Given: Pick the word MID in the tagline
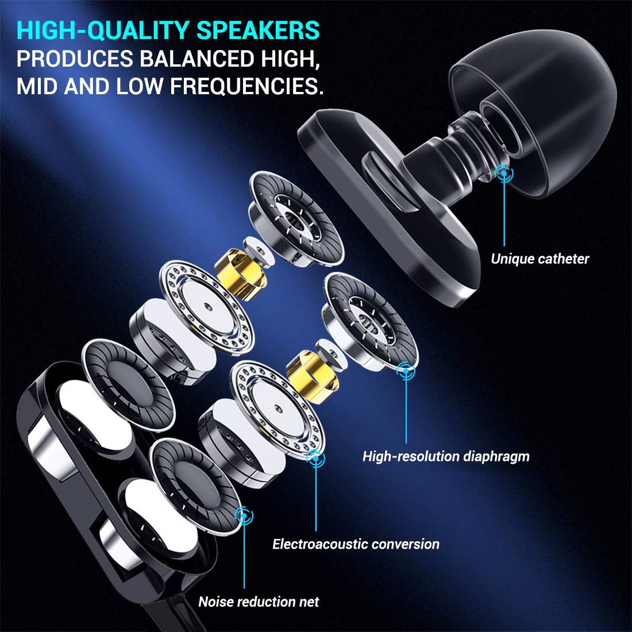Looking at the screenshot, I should [x=37, y=86].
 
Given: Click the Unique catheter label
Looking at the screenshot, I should [x=539, y=259].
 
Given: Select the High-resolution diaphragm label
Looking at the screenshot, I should [x=446, y=457].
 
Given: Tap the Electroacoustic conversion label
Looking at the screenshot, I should [x=356, y=544].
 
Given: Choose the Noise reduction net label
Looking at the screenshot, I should [x=259, y=602].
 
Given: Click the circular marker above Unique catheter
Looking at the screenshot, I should [x=504, y=172].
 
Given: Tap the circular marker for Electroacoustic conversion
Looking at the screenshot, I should [x=315, y=458].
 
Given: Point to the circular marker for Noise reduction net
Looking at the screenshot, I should [x=244, y=515].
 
